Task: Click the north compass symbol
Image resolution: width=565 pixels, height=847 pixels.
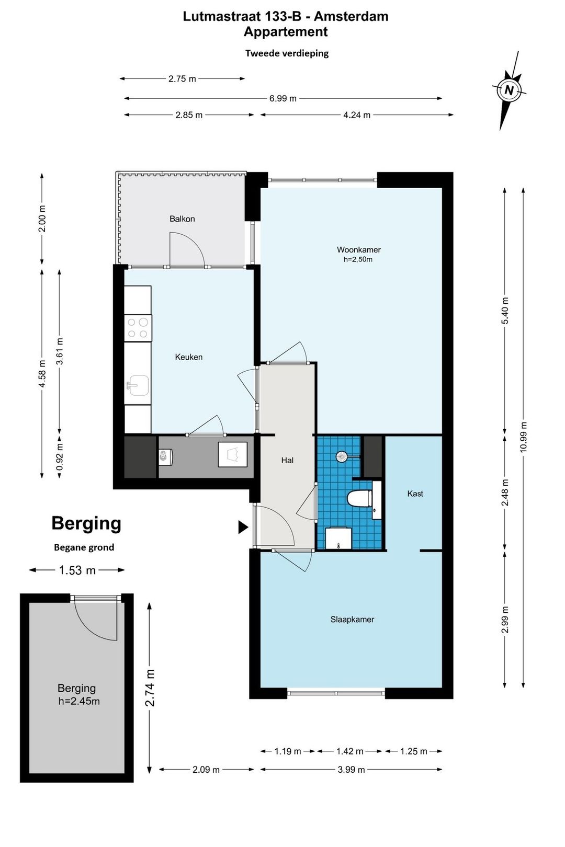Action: point(509,90)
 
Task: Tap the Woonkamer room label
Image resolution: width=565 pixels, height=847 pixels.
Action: point(358,249)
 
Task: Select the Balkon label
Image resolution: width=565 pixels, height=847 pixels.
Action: point(182,219)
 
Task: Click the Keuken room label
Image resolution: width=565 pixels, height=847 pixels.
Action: point(188,357)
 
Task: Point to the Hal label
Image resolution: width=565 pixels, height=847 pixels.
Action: point(287,460)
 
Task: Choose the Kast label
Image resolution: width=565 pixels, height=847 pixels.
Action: point(415,494)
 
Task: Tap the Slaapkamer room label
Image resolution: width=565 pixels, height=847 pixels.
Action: point(352,620)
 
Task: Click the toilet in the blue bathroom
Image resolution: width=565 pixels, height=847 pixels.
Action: point(359,498)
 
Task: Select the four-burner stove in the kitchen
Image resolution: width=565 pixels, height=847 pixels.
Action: point(138,328)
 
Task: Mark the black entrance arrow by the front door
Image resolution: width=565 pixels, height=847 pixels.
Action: point(243,526)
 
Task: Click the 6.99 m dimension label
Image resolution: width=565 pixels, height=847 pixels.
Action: point(282,98)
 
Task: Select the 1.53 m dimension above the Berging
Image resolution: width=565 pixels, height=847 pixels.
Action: point(77,570)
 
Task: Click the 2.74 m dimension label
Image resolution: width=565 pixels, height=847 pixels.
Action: point(150,688)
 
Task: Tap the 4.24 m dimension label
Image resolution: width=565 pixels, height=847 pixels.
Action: point(356,115)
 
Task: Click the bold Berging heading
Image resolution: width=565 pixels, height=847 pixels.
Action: point(86,524)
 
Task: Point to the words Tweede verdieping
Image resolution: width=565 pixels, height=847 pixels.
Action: point(287,53)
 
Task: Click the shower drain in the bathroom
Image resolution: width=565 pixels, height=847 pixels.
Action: point(341,456)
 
